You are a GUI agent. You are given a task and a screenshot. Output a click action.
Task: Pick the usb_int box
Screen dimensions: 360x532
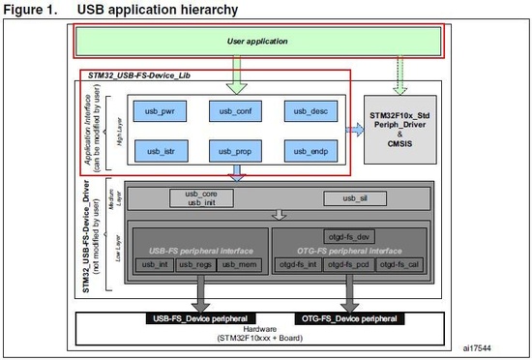click(x=153, y=265)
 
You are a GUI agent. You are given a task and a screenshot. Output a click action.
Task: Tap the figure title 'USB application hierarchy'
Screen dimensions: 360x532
click(x=165, y=10)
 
